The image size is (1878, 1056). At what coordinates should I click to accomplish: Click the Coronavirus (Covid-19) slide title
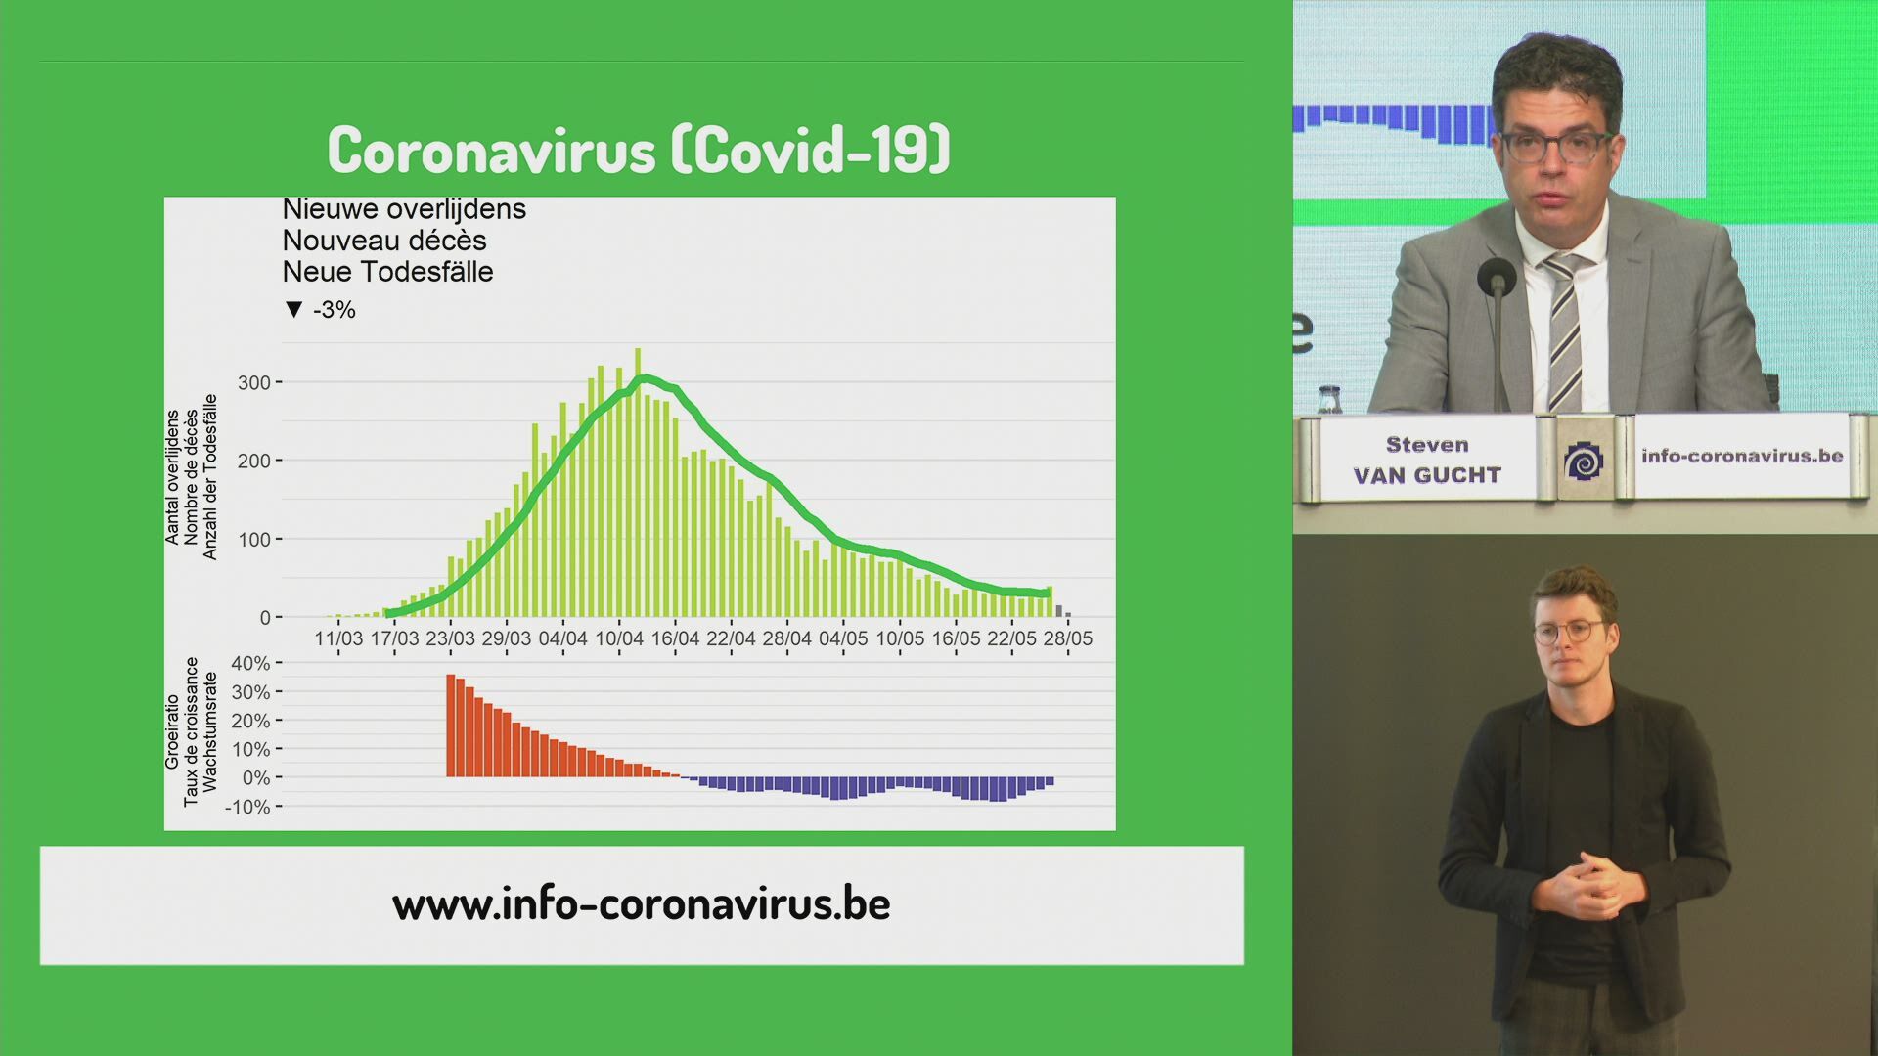(639, 150)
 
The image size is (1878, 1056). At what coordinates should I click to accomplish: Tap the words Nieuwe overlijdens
(404, 209)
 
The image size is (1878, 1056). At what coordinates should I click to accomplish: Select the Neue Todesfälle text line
(387, 272)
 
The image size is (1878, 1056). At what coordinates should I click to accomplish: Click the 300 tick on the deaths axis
(254, 382)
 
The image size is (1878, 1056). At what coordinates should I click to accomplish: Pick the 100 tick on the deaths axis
(254, 540)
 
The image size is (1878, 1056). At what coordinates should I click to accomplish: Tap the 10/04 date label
(619, 638)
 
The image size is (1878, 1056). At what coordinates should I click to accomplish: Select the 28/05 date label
(1068, 638)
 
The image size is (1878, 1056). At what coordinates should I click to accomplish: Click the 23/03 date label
(450, 638)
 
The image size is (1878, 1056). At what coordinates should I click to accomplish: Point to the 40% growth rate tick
(250, 663)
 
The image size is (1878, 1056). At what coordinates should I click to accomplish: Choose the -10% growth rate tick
(247, 808)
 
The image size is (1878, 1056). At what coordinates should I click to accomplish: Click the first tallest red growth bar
(451, 726)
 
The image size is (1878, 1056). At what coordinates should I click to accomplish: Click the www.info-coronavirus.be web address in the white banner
(642, 903)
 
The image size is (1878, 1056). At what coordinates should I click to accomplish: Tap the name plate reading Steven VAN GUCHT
(1427, 460)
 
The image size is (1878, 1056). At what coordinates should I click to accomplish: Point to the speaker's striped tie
(1563, 331)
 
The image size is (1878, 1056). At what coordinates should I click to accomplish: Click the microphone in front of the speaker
(1497, 279)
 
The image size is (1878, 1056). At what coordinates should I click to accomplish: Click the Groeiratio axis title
(172, 731)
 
